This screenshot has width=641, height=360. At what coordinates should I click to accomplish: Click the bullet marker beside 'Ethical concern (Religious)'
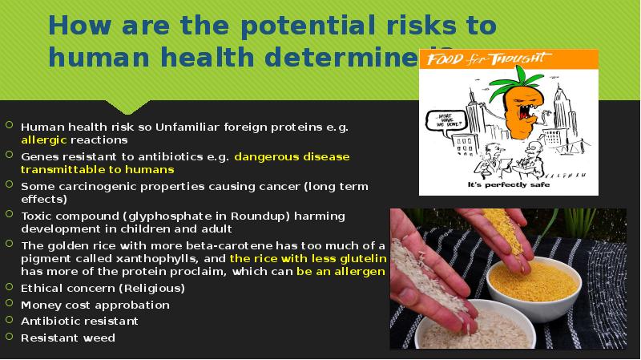click(9, 288)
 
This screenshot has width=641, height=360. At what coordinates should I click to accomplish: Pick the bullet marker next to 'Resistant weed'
click(9, 337)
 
